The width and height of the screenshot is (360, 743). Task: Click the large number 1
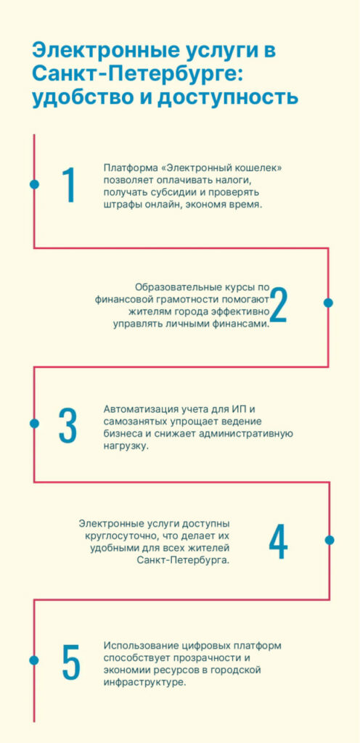[x=69, y=185]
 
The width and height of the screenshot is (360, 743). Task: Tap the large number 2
[x=278, y=305]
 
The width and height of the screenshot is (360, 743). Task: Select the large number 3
[x=67, y=424]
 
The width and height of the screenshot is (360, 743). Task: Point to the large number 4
[x=278, y=541]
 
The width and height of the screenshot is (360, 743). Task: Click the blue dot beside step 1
[x=34, y=184]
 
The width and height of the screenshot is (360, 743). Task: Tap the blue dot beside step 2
[x=328, y=303]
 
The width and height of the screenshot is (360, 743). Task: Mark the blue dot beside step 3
[x=34, y=423]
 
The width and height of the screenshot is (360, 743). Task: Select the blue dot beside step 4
[x=330, y=540]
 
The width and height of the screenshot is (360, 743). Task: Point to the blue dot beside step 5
[x=34, y=660]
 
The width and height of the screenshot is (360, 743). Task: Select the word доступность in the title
[x=229, y=98]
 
